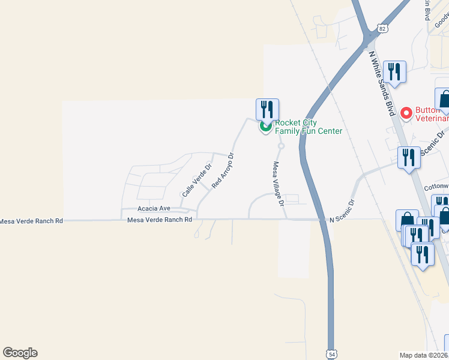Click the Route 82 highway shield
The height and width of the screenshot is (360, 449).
coord(382,28)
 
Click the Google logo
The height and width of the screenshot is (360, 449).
coord(20,353)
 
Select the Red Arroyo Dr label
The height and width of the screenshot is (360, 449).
coord(222,171)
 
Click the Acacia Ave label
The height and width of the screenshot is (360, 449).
coord(154,208)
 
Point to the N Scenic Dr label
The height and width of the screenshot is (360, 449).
coord(343,220)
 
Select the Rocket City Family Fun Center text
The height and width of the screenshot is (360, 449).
coord(309,127)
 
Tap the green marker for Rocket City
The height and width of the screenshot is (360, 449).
coord(265,126)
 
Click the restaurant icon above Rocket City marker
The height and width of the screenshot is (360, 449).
coord(267,109)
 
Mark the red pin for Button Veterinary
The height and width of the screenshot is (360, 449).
coord(406,113)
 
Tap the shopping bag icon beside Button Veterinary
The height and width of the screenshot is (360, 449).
coord(445,100)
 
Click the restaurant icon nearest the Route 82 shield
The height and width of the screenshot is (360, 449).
coord(394,72)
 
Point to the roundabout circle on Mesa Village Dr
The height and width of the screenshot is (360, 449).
coord(281,146)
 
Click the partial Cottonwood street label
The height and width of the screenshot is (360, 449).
coord(436,187)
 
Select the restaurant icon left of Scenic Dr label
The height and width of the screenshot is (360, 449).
coord(409,158)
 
